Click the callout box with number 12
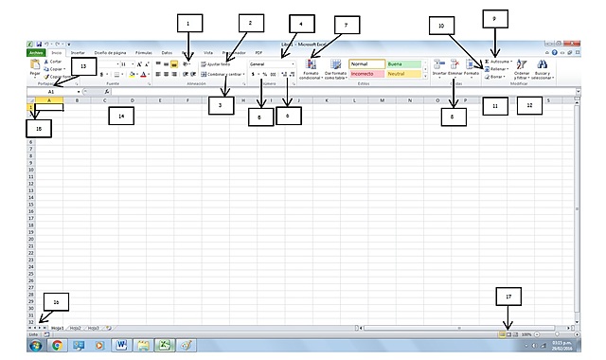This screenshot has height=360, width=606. [529, 106]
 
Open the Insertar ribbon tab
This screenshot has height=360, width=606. [78, 53]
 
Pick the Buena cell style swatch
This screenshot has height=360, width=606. [403, 63]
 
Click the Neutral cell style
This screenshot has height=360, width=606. [403, 73]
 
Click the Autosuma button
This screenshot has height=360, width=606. [504, 59]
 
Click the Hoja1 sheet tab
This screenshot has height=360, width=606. [58, 327]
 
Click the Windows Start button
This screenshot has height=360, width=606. [35, 346]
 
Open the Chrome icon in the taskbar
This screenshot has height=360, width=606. [57, 346]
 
